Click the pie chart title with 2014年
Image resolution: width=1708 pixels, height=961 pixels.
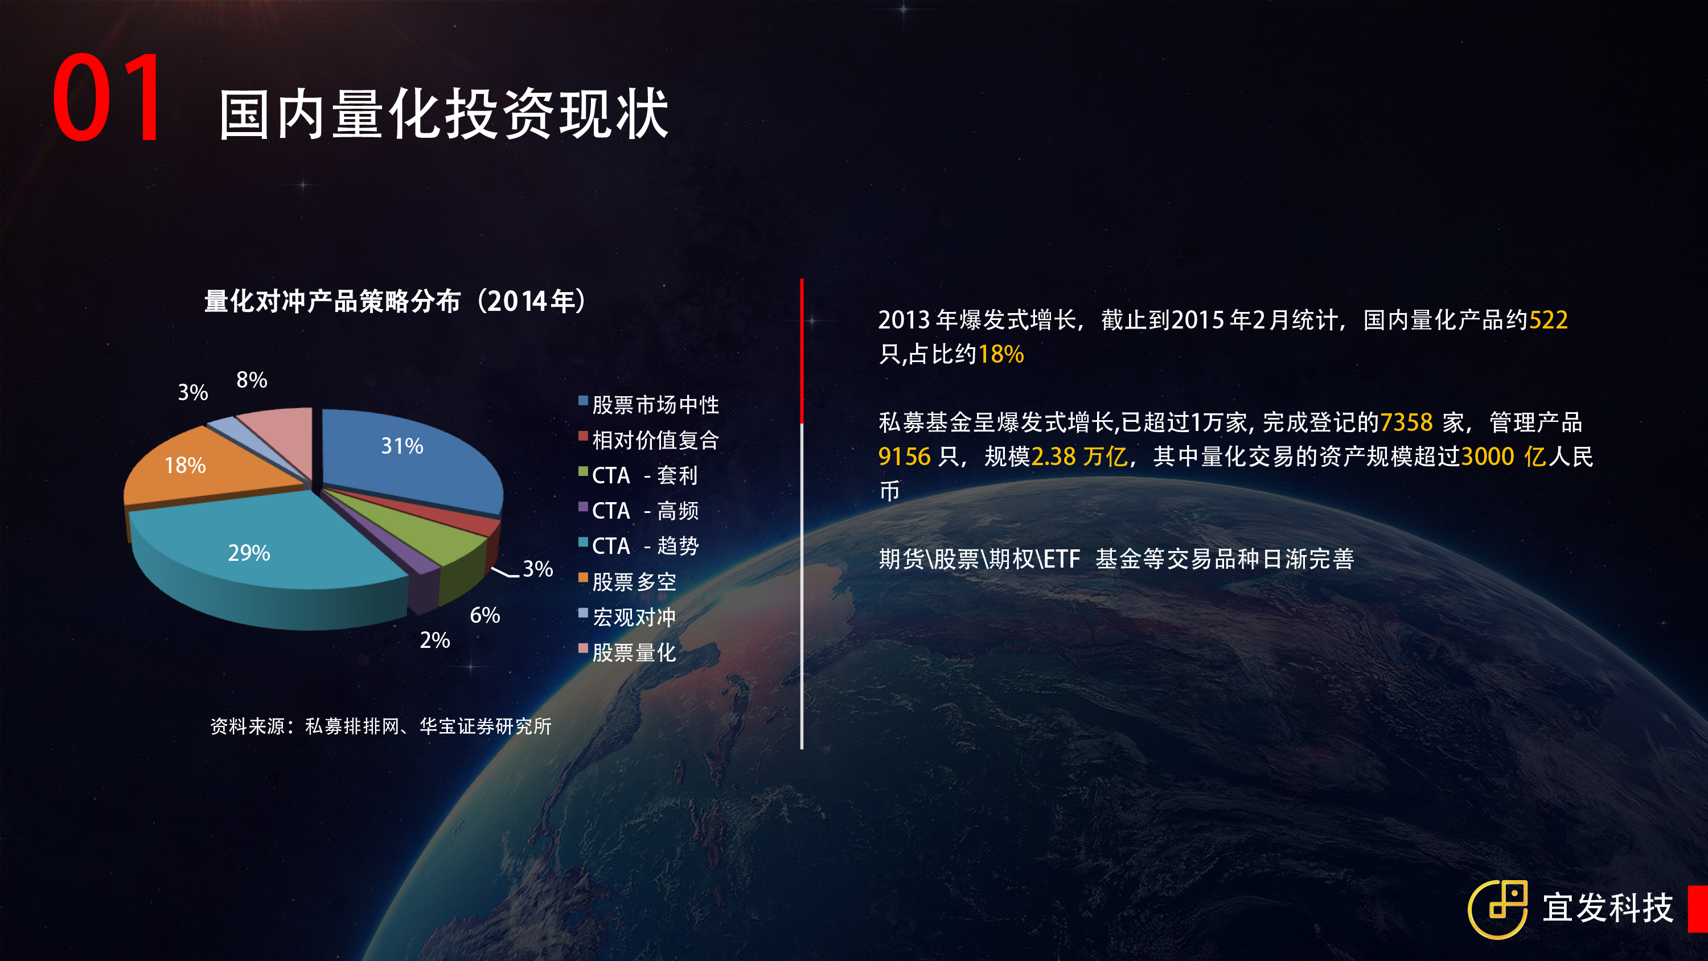395,301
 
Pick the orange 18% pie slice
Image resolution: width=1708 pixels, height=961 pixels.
199,467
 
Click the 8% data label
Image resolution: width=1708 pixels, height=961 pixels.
252,380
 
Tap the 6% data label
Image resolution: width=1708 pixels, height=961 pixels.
485,615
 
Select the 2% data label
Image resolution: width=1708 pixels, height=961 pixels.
435,640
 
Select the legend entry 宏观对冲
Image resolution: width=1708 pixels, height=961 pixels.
627,617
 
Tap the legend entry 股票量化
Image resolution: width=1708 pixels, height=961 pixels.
627,652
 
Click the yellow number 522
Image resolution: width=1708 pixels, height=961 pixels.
1548,321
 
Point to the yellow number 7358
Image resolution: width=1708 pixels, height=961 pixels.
1406,422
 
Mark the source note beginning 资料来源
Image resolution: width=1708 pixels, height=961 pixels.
380,726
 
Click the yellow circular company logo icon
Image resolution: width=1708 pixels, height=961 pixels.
1498,909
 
